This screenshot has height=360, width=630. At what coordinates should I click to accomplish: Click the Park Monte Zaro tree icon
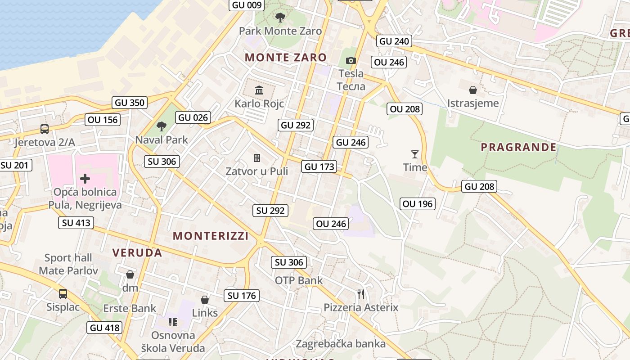point(280,18)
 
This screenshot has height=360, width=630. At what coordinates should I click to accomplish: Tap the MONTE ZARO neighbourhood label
point(286,57)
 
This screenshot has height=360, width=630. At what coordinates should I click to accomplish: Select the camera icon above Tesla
point(351,60)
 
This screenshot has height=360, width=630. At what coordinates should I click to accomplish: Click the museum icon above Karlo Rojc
point(259,90)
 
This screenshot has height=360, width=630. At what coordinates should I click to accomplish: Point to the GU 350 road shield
point(130,103)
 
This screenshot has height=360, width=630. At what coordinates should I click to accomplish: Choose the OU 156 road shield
point(103,120)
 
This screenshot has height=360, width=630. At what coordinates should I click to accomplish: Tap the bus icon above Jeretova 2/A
point(45,129)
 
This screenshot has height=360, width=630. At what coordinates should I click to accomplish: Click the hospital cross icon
point(85,179)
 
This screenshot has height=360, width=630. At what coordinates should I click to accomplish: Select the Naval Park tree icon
point(161,126)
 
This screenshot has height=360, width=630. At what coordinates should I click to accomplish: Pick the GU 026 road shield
point(193,118)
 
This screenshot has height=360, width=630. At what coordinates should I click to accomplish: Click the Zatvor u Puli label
point(256,171)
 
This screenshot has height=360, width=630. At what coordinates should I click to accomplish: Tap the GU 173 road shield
point(319,166)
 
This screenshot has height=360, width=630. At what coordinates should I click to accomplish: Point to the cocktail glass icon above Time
point(415,154)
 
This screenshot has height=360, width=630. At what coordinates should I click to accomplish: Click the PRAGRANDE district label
point(518,147)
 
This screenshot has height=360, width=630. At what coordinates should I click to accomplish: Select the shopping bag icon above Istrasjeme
point(472,90)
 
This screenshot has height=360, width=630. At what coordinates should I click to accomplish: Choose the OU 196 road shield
point(418,204)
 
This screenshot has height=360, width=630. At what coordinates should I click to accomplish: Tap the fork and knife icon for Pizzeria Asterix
point(361,294)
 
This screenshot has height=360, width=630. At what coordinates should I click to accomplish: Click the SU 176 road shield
point(242,296)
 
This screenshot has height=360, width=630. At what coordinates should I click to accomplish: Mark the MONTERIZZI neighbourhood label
point(211,236)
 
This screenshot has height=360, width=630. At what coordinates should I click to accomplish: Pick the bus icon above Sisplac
point(63,294)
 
